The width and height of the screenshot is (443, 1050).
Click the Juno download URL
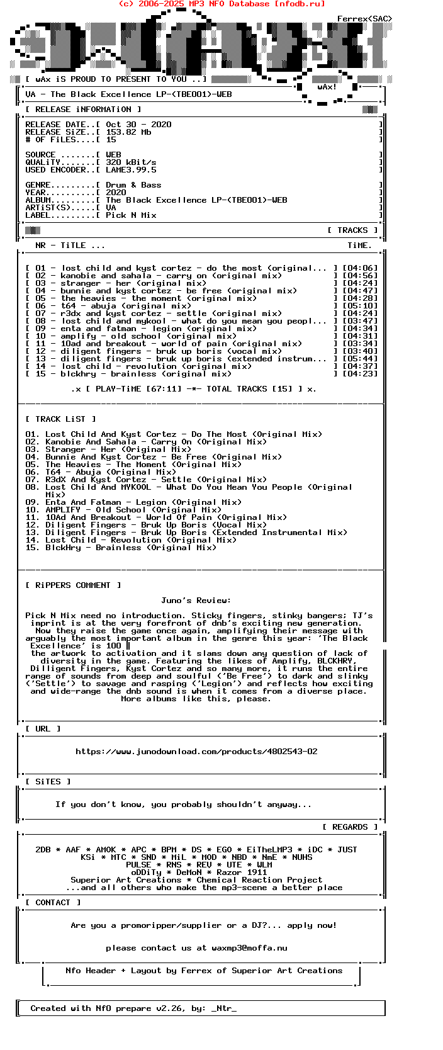coord(196,752)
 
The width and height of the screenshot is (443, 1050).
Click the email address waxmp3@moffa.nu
coord(249,948)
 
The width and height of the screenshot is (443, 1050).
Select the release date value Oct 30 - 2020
coord(138,125)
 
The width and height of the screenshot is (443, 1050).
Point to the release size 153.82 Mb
coord(128,132)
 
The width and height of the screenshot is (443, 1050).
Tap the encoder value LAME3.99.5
coord(131,170)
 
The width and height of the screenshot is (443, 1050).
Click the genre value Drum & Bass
coord(133,185)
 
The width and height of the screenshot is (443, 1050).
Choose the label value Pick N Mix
coord(131,215)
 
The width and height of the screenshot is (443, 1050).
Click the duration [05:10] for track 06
coord(360,306)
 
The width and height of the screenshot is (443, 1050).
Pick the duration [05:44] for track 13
coord(360,359)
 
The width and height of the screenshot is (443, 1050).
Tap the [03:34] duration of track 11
coord(360,344)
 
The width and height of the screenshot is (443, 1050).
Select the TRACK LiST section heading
coord(61,419)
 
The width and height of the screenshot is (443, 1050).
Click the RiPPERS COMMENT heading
coord(73,585)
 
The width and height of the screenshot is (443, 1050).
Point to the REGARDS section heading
coord(350,827)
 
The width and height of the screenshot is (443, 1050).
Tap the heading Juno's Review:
coord(196,601)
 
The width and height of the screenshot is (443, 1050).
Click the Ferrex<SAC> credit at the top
coord(364,19)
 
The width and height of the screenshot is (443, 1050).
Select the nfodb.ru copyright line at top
coord(221,4)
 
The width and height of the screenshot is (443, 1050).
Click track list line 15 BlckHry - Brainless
coord(121,548)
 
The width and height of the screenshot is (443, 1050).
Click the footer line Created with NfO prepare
coord(133,1008)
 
